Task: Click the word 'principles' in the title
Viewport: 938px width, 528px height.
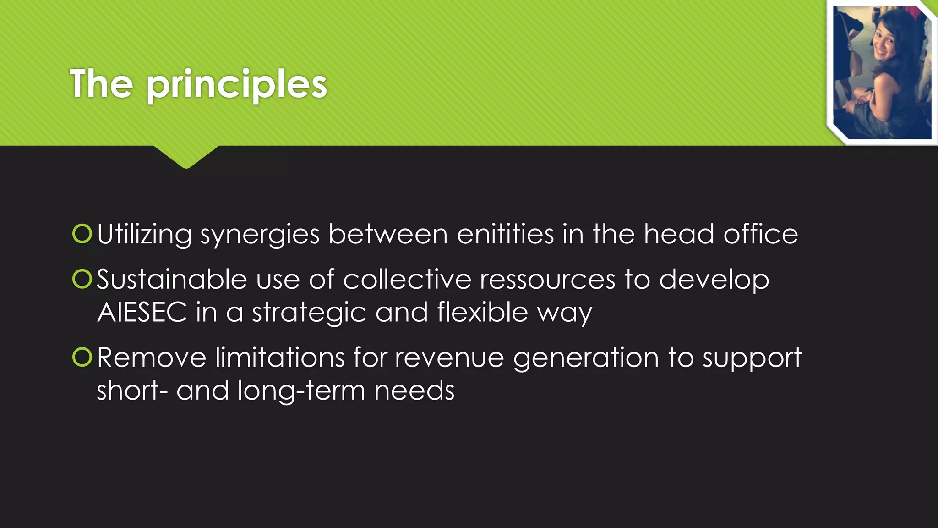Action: tap(236, 85)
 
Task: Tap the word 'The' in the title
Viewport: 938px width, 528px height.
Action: tap(101, 83)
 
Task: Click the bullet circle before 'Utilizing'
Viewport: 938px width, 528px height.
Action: tap(82, 233)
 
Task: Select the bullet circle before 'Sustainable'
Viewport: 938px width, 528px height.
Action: tap(82, 279)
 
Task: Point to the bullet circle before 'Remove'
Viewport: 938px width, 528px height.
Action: tap(82, 357)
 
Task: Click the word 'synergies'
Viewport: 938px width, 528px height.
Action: tap(260, 235)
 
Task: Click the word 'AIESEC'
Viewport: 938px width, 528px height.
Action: tap(142, 313)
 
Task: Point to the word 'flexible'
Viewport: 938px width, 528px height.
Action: tap(482, 313)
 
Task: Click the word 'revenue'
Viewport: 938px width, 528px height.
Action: tap(449, 357)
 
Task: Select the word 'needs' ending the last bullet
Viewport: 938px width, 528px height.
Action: tap(414, 390)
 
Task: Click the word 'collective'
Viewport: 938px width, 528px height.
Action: tap(407, 279)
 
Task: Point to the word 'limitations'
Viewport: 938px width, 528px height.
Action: tap(280, 357)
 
